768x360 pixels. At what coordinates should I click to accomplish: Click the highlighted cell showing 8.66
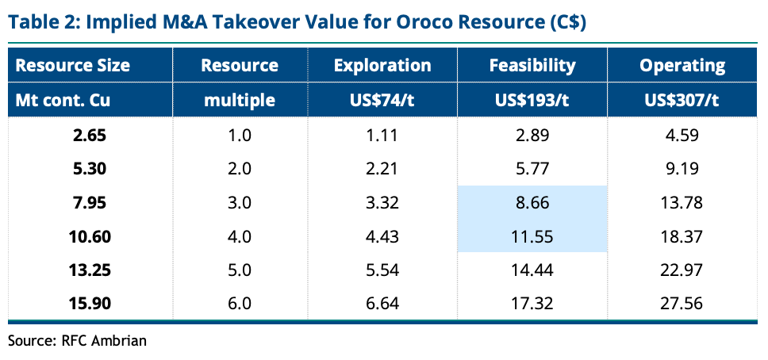tap(532, 203)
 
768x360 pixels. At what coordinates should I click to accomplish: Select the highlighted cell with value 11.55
tap(532, 236)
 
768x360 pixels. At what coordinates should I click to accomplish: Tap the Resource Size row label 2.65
tap(89, 136)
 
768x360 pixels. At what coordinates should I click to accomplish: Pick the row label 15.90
tap(89, 304)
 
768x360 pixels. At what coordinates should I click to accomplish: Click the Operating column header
tap(682, 65)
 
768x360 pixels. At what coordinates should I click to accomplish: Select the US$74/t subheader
tap(382, 100)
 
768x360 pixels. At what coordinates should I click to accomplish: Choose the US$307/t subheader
tap(682, 100)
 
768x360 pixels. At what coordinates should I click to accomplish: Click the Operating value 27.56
tap(682, 304)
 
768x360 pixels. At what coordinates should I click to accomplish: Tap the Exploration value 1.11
tap(382, 136)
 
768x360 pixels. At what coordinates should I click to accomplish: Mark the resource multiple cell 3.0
tap(240, 203)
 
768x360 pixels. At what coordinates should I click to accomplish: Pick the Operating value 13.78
tap(682, 203)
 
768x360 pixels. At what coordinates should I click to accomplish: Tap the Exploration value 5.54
tap(382, 270)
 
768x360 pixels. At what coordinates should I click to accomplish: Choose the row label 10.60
tap(89, 236)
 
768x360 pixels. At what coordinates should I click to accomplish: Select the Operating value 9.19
tap(682, 169)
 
